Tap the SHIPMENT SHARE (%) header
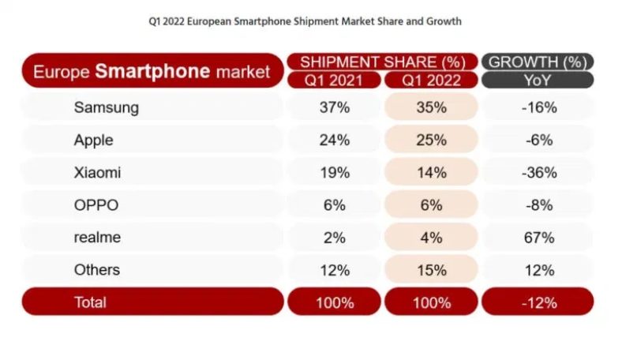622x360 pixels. pos(383,62)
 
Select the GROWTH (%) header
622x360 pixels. pos(538,62)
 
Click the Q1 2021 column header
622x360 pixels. pos(335,80)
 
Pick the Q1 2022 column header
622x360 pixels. pos(431,80)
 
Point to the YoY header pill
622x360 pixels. pos(538,80)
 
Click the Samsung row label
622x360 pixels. pos(106,108)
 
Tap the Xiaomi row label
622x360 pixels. pos(97,173)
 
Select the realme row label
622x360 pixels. pos(99,238)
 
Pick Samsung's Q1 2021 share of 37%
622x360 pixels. pos(335,108)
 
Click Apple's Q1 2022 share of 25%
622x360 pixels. pos(431,141)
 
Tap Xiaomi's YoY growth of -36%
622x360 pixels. pos(539,173)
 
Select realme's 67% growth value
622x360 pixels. pos(539,238)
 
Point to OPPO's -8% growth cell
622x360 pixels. pos(539,205)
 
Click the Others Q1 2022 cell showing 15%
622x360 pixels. pos(431,270)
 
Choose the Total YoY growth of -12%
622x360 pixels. pos(539,302)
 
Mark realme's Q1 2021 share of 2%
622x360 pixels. pos(335,238)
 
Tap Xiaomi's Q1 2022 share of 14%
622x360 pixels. pos(431,173)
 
